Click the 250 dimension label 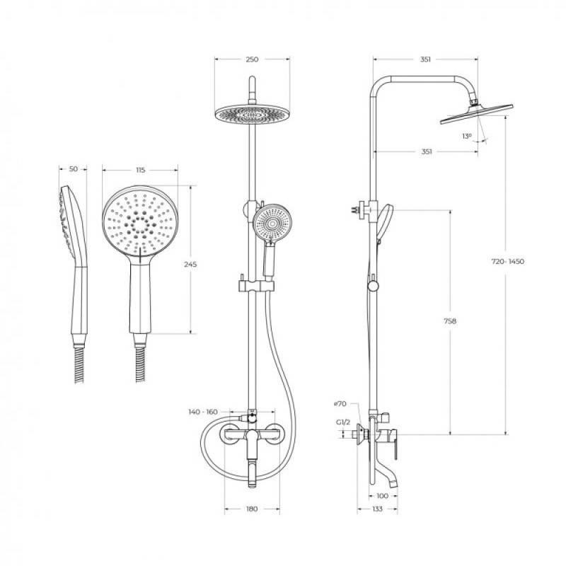(x=252, y=59)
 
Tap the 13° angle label (x=467, y=136)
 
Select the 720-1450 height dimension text (x=507, y=261)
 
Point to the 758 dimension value (x=450, y=321)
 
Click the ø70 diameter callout (x=340, y=404)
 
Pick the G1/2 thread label (x=343, y=422)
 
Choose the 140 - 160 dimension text (x=203, y=412)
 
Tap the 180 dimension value (x=252, y=509)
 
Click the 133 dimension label (x=377, y=509)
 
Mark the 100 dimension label (x=382, y=496)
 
